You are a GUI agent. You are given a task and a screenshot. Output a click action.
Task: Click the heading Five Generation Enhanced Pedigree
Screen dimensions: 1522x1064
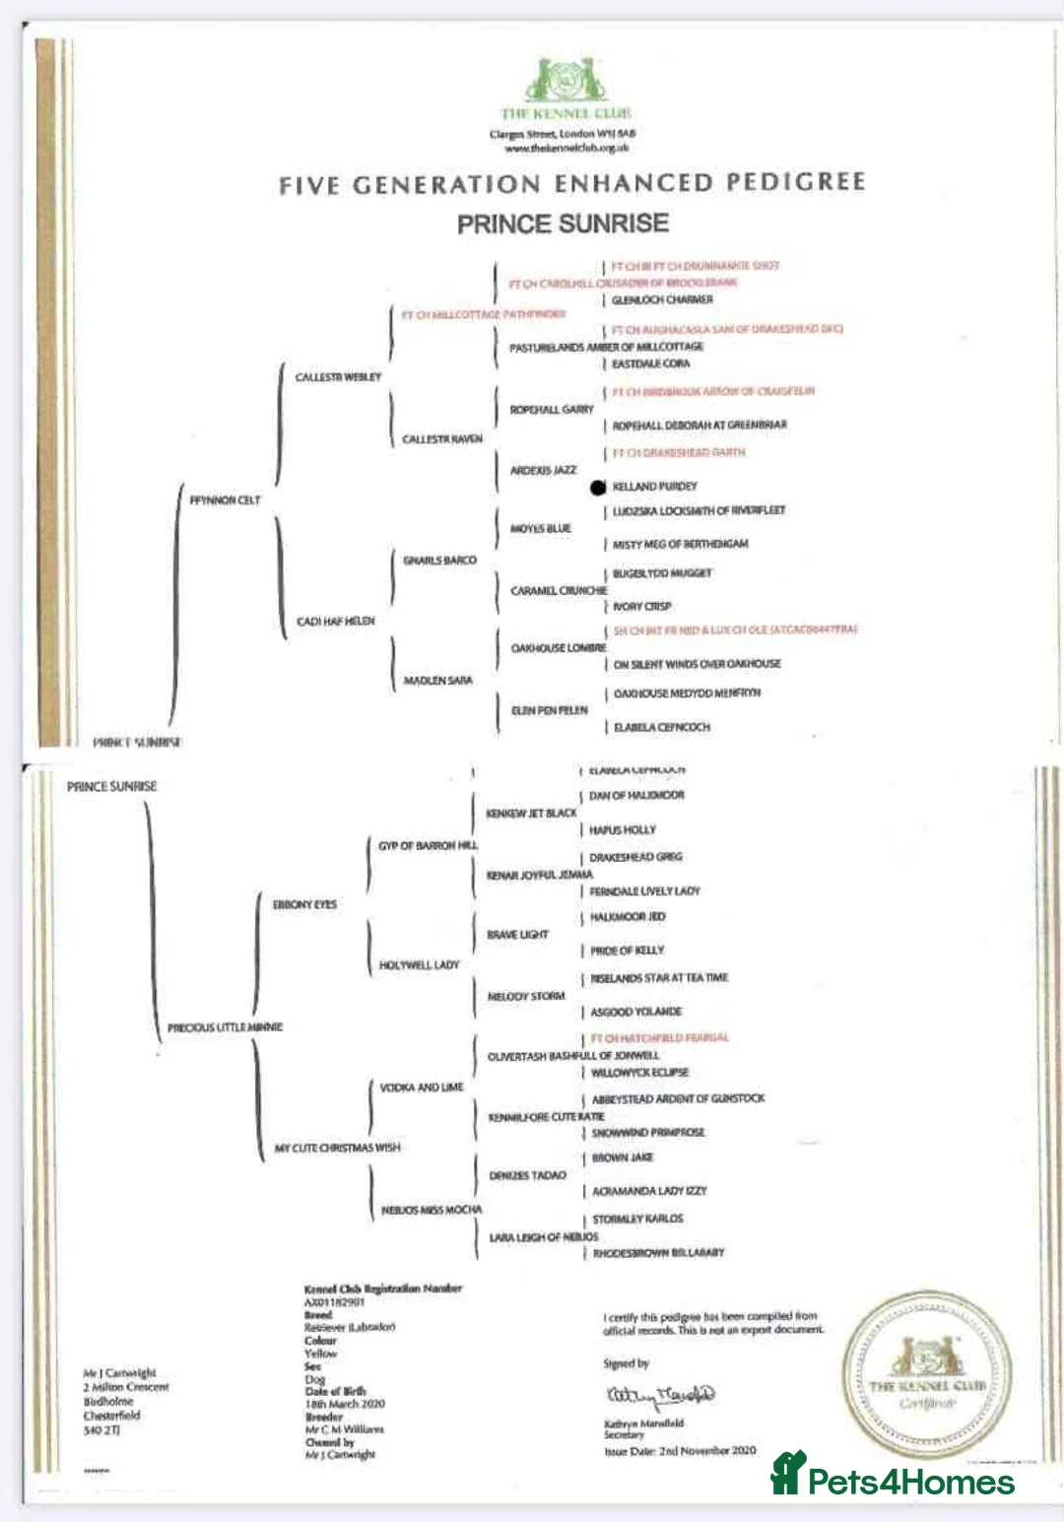pos(571,183)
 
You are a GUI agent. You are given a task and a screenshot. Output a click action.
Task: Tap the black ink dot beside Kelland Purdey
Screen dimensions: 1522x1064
pos(597,487)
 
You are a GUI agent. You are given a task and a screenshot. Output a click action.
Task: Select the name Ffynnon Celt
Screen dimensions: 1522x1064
pos(226,500)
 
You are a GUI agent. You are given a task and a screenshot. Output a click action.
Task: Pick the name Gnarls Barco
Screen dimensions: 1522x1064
pos(439,561)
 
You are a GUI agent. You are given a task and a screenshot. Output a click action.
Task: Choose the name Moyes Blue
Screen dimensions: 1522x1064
pos(541,529)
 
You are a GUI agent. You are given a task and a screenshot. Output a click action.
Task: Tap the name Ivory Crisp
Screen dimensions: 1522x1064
pos(641,607)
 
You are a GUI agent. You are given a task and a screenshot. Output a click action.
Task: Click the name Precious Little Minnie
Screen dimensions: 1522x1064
pos(225,1027)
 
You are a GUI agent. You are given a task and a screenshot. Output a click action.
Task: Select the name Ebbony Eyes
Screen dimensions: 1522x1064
pos(304,904)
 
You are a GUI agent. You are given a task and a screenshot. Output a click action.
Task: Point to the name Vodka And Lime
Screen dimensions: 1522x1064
pos(422,1088)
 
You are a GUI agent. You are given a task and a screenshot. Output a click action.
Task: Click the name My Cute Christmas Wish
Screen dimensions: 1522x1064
pos(337,1149)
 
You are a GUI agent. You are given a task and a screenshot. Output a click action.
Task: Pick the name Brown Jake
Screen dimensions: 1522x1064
pos(622,1158)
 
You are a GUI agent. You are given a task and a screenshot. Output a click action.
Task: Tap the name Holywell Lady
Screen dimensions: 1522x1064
pos(420,965)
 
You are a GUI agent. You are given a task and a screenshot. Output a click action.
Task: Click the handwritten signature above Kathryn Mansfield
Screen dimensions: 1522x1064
pos(659,1395)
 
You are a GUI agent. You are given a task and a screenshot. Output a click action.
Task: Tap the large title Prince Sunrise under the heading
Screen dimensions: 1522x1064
pos(563,225)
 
